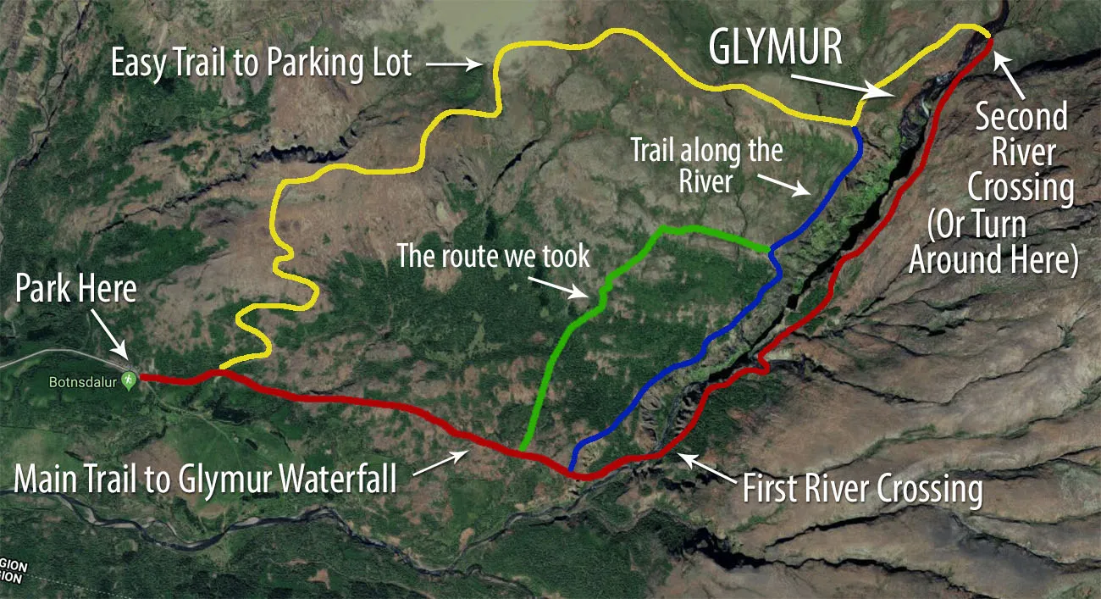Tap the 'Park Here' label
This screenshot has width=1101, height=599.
tap(75, 290)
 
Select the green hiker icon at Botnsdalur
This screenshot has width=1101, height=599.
tap(129, 380)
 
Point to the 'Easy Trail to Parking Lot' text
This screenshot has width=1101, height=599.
tap(262, 64)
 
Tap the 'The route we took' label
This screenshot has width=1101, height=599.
tap(494, 256)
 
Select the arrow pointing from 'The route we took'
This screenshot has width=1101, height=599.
tap(570, 287)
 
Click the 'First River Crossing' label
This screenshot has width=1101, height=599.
tap(862, 490)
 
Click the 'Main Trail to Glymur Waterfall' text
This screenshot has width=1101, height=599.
tap(206, 480)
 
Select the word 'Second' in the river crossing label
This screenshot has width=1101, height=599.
tap(1021, 117)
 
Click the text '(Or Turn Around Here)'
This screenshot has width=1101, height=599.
tap(993, 243)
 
